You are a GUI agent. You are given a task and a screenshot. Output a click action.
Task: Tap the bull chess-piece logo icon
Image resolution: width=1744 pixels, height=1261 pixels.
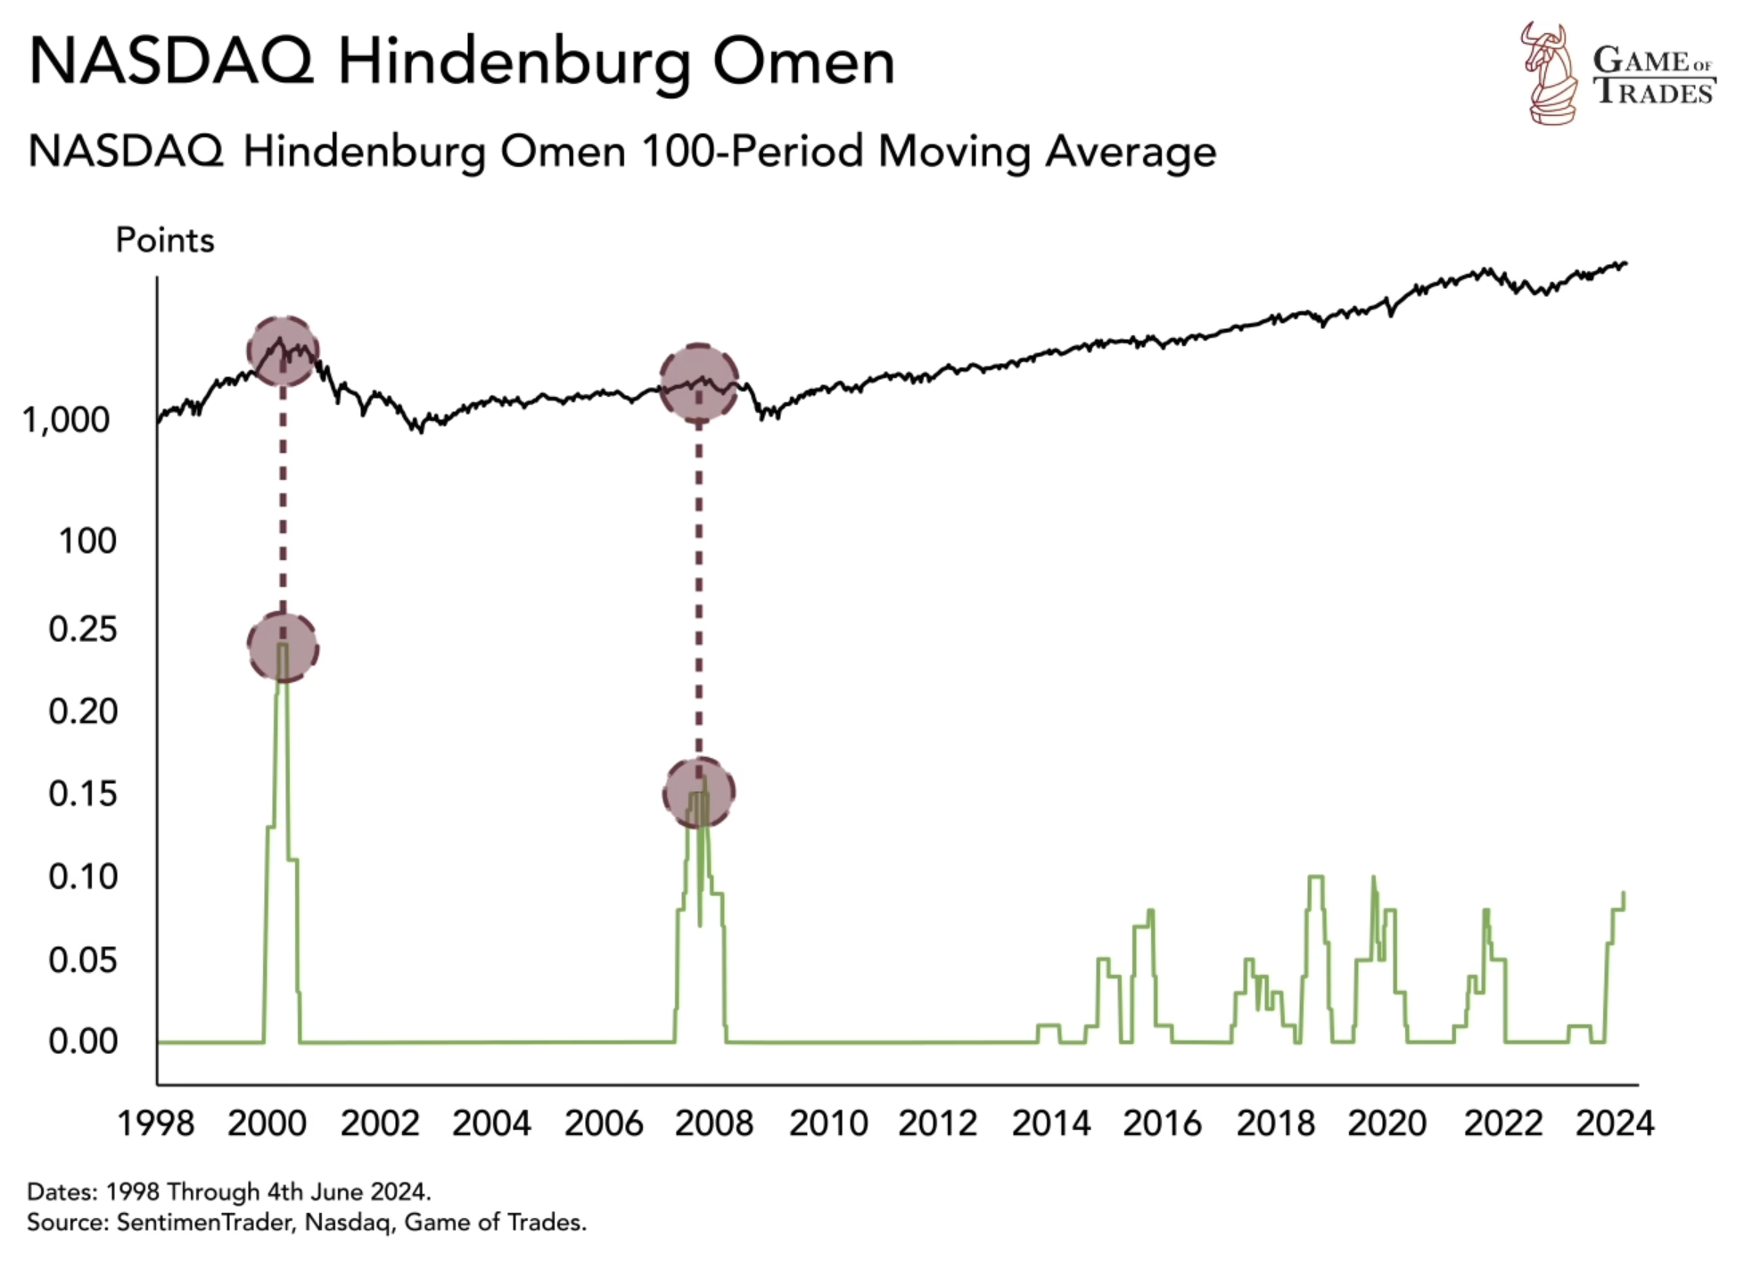coord(1549,73)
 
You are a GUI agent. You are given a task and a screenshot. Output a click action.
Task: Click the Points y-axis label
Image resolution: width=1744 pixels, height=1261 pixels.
coord(165,241)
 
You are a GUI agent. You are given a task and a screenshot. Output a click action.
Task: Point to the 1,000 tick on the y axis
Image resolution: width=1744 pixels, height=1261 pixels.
coord(66,420)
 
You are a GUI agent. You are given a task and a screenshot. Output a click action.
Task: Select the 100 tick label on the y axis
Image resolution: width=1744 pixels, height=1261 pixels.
coord(86,541)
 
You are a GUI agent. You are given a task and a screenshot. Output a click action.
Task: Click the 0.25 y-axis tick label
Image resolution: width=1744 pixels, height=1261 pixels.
coord(82,630)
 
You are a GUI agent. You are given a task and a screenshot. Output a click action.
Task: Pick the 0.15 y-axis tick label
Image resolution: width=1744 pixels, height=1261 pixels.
coord(82,794)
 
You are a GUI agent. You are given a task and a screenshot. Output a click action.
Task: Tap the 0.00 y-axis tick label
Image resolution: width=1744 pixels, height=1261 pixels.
coord(82,1041)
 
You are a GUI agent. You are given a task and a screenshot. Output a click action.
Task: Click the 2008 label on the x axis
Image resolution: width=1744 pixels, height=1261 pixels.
coord(713,1123)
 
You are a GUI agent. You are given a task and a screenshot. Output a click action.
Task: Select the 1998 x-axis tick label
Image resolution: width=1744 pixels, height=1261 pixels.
coord(156,1123)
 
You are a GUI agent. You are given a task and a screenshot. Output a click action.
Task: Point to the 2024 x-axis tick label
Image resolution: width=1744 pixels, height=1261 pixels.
coord(1614,1123)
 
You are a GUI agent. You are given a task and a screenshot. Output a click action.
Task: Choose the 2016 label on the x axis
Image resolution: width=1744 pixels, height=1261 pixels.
coord(1162,1123)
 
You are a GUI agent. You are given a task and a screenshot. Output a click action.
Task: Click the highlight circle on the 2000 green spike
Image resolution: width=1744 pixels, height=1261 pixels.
coord(283,647)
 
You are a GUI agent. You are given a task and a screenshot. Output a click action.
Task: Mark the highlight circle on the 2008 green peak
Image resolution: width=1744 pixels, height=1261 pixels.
coord(699,792)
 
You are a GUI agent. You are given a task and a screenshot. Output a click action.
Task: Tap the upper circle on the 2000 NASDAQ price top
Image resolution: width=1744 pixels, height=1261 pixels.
coord(283,350)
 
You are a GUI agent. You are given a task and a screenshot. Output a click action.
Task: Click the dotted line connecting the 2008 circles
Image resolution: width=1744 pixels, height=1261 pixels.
coord(699,589)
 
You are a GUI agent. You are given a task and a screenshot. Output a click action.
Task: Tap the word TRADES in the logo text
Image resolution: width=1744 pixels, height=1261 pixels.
coord(1654,93)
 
